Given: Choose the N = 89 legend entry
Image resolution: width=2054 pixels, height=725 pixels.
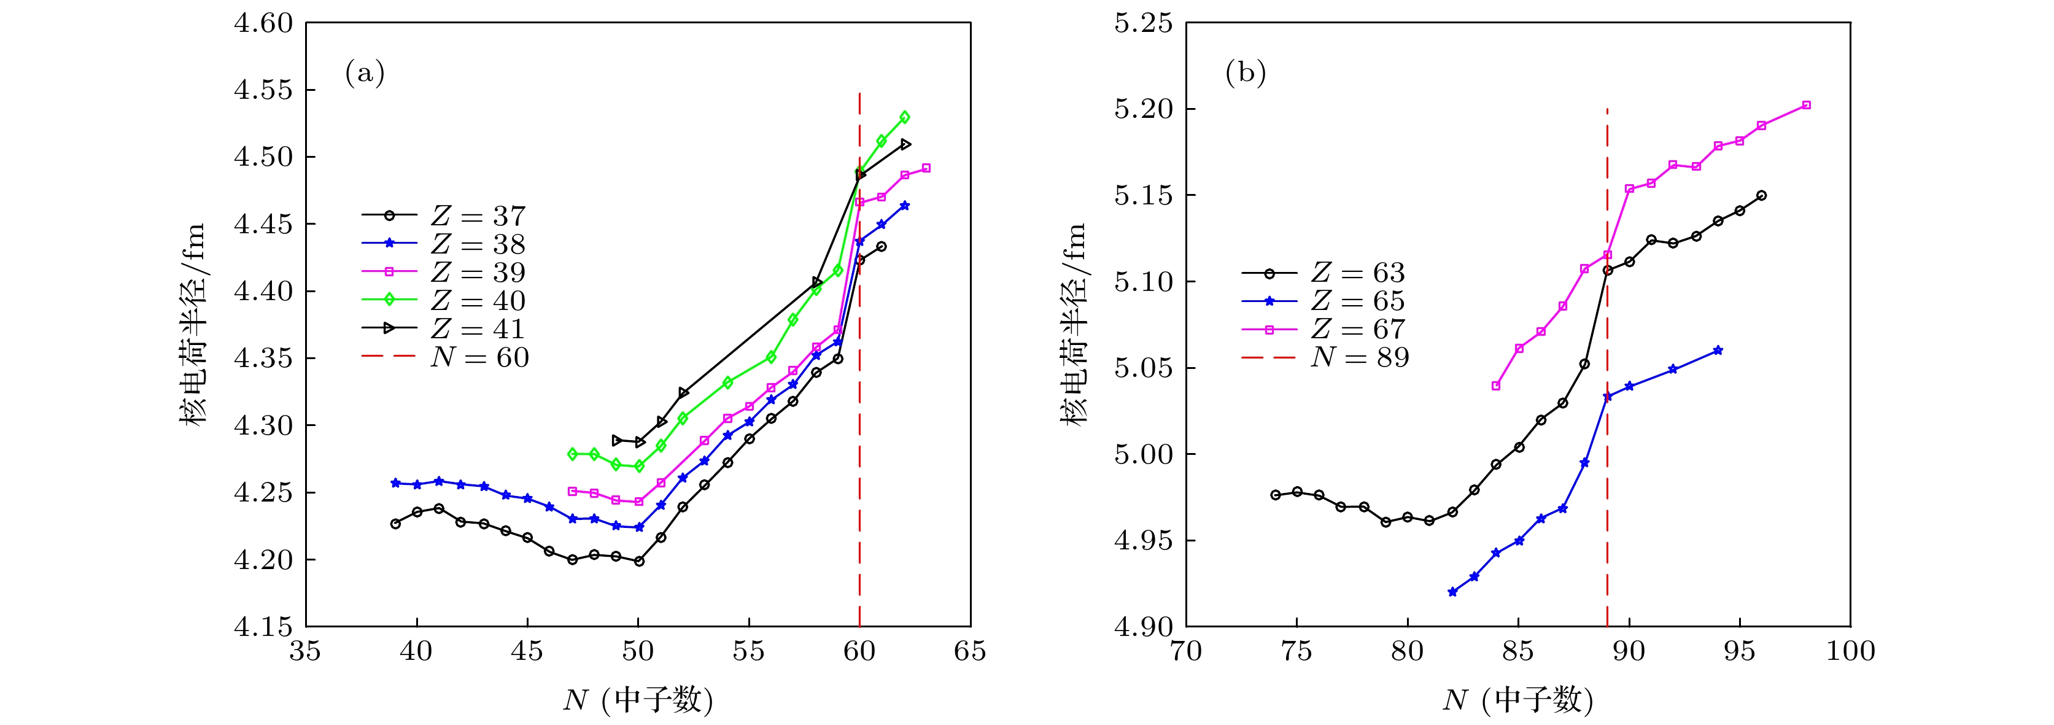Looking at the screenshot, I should click(x=1325, y=357).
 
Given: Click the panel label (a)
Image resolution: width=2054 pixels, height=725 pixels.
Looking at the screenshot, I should click(x=365, y=74).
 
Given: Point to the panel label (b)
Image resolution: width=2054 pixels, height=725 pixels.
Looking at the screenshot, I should click(x=1245, y=74).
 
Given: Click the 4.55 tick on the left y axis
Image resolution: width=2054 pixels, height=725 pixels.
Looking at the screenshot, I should click(x=263, y=90).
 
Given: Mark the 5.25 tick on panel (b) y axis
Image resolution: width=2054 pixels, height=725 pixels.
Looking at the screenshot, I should click(x=1144, y=24).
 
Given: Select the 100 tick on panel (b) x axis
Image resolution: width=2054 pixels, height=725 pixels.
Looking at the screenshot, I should click(x=1850, y=651).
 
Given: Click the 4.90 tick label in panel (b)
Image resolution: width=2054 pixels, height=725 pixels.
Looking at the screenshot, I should click(x=1144, y=627).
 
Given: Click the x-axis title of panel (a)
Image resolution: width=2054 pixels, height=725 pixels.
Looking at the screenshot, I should click(x=638, y=699).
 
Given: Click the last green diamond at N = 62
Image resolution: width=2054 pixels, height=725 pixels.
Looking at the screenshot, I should click(x=904, y=117).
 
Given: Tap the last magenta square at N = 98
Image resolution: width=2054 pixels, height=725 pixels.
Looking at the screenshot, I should click(x=1806, y=105).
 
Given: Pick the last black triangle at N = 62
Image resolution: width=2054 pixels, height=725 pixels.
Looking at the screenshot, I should click(x=905, y=144).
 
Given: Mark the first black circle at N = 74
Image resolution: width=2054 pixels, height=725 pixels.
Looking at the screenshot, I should click(x=1276, y=495).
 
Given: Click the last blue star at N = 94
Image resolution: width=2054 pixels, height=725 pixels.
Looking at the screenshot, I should click(x=1718, y=350).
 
